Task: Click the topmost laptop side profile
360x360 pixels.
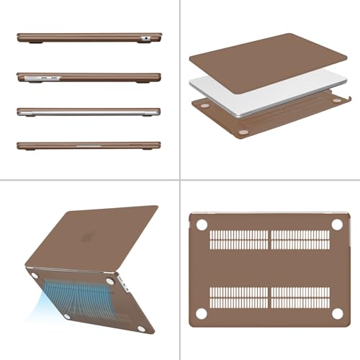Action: tap(88, 37)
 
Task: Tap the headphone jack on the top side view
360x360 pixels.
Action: tap(146, 37)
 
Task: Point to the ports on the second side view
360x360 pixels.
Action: tap(39, 76)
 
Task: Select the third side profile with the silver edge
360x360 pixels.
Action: tap(88, 112)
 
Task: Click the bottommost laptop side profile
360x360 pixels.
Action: tap(88, 145)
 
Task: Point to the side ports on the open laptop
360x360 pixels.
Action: tap(128, 291)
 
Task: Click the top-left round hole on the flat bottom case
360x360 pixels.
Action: tap(202, 225)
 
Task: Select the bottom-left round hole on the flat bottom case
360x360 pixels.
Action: tap(202, 313)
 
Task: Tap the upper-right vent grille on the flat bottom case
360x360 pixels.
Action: tap(300, 240)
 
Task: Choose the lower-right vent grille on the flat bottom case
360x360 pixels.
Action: tap(300, 297)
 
